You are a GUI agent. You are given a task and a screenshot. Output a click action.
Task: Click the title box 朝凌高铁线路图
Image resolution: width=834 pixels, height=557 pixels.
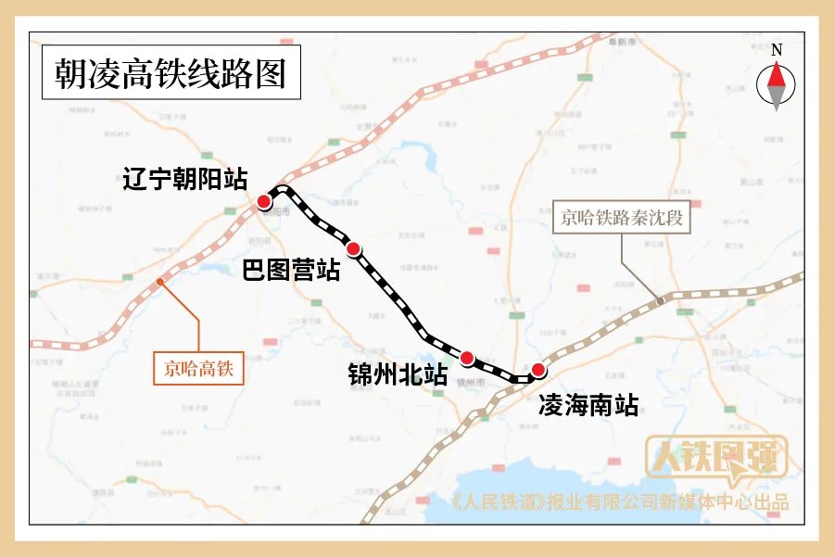click(171, 73)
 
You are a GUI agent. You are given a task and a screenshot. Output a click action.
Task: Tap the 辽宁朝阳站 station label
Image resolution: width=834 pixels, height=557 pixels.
click(185, 179)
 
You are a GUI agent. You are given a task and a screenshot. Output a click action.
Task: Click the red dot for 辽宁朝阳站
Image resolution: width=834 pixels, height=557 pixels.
click(264, 202)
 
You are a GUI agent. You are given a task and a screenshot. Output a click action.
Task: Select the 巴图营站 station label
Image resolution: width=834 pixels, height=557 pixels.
click(291, 271)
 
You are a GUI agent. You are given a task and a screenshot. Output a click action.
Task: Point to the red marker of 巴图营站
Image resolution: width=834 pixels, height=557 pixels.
click(353, 248)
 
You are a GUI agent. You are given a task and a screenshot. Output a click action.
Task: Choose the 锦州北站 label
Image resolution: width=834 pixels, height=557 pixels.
click(398, 375)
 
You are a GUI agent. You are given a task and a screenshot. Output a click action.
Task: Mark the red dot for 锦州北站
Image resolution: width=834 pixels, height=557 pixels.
click(467, 358)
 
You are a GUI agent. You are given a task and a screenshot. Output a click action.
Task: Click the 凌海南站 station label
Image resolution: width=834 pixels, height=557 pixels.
click(588, 405)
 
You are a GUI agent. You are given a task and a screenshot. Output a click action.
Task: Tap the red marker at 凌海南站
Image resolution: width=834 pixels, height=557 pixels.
click(538, 371)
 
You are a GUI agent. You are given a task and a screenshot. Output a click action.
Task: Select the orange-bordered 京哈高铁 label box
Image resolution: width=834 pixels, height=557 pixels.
click(198, 369)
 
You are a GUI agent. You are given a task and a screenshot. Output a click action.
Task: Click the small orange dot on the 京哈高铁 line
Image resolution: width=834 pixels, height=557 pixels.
click(161, 281)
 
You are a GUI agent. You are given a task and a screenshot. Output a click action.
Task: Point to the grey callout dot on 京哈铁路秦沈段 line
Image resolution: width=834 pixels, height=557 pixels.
click(660, 300)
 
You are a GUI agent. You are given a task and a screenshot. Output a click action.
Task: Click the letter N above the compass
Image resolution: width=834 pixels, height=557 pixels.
click(777, 50)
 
